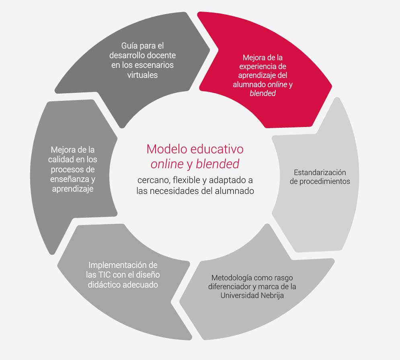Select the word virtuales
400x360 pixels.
click(142, 75)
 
